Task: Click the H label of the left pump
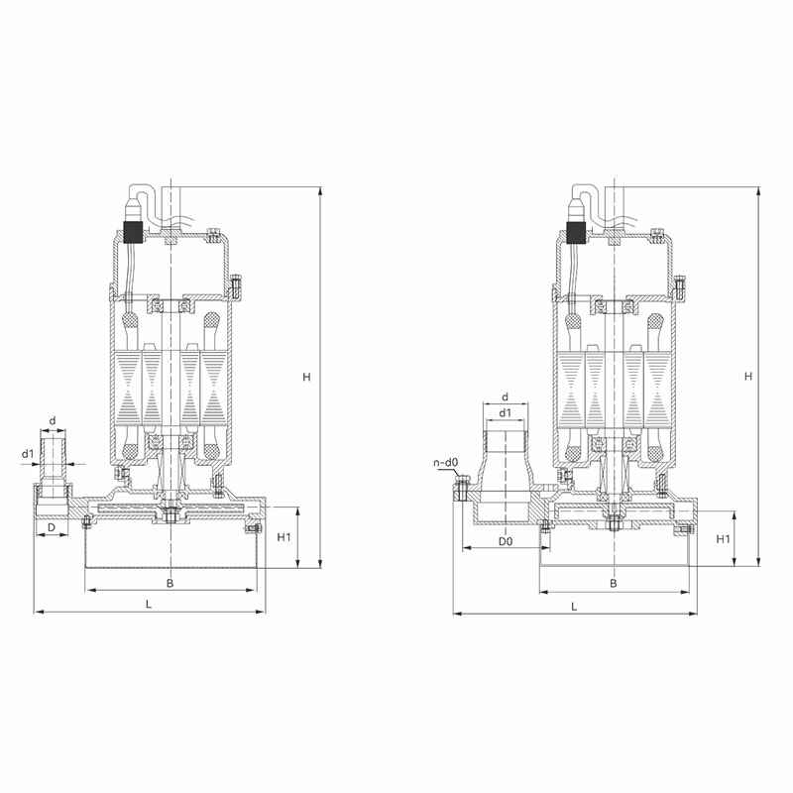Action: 306,377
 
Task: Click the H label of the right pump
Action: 748,376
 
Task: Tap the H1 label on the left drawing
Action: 283,537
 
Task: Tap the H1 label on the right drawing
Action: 724,539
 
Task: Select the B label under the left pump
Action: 170,583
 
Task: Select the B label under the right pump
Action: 613,583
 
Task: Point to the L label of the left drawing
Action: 149,604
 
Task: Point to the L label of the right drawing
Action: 574,607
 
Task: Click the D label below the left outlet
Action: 52,527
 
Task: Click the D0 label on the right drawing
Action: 506,541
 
